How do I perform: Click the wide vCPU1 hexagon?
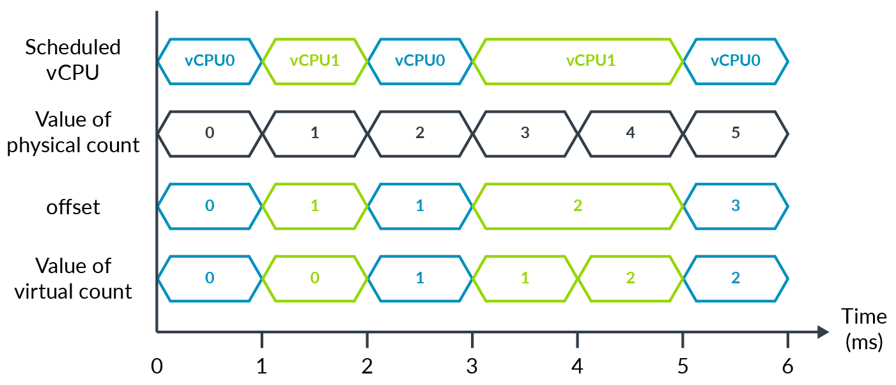578,61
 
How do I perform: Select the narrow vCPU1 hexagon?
314,61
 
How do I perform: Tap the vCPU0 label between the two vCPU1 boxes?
420,61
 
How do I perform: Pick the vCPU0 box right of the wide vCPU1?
736,61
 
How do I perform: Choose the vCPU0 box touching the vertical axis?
210,61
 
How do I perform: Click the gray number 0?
210,134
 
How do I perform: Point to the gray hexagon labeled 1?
314,134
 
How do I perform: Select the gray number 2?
420,134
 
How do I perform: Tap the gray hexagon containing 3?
525,134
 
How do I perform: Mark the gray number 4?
630,134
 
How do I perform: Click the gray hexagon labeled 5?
736,134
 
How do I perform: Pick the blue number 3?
736,206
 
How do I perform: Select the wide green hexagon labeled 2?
578,206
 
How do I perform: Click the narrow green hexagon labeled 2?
630,278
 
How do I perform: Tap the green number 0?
314,278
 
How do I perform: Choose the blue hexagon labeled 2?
736,278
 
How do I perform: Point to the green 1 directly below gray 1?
314,206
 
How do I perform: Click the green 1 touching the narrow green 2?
525,278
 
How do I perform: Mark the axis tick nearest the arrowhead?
787,340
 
